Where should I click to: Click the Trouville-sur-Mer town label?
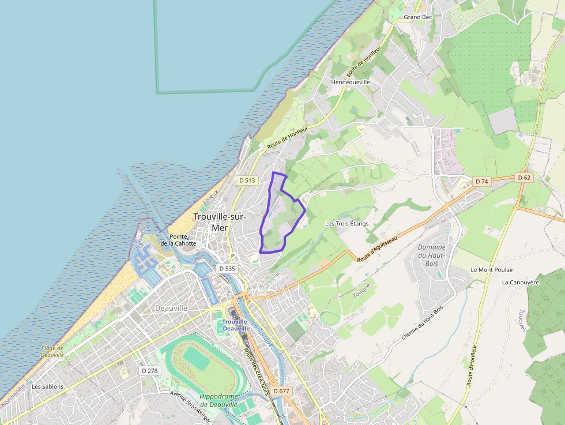pyautogui.click(x=220, y=222)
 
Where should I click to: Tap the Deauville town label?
pyautogui.click(x=171, y=309)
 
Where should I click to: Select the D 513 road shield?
pyautogui.click(x=247, y=180)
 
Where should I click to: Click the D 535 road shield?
pyautogui.click(x=227, y=269)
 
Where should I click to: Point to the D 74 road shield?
pyautogui.click(x=481, y=182)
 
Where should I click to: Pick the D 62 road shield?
pyautogui.click(x=523, y=178)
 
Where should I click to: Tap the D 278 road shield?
pyautogui.click(x=150, y=371)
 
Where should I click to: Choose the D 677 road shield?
pyautogui.click(x=281, y=391)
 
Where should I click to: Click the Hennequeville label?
pyautogui.click(x=351, y=82)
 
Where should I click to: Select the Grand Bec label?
pyautogui.click(x=418, y=17)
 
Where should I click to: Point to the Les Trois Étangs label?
pyautogui.click(x=346, y=224)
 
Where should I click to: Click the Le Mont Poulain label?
pyautogui.click(x=492, y=270)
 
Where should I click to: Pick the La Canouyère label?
pyautogui.click(x=520, y=283)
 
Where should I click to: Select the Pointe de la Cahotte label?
pyautogui.click(x=178, y=240)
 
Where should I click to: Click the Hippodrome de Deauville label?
pyautogui.click(x=219, y=400)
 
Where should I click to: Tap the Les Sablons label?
pyautogui.click(x=48, y=386)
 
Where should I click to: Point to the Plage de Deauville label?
pyautogui.click(x=52, y=351)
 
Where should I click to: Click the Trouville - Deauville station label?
pyautogui.click(x=235, y=325)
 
